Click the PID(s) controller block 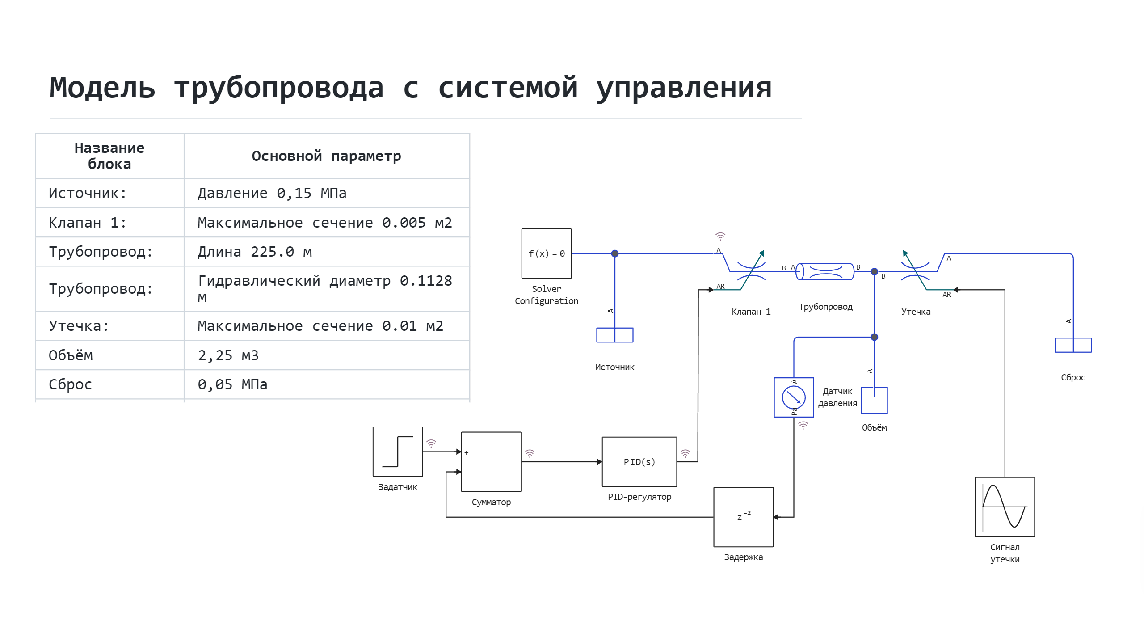(639, 462)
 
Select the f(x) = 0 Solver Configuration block (546, 253)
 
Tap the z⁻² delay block (743, 517)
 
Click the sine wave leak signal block (1005, 507)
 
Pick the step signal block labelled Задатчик (397, 452)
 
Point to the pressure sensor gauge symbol (794, 397)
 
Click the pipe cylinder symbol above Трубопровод (825, 271)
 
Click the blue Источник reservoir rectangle (615, 335)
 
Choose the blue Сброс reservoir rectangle (1073, 345)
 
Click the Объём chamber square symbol (874, 401)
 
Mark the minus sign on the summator (466, 473)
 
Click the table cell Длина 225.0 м (255, 252)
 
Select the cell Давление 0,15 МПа (272, 193)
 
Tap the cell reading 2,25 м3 (228, 355)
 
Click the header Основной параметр (326, 156)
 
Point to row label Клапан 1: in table (88, 223)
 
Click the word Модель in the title (102, 88)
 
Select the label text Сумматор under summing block (491, 502)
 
